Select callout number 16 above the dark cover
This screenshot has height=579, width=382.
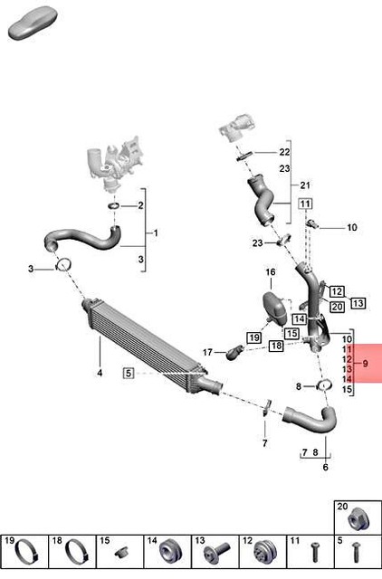(270, 272)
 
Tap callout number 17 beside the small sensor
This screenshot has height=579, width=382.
(207, 352)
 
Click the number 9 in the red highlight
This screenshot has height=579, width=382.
(366, 363)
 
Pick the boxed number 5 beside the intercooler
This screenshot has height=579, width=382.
(129, 373)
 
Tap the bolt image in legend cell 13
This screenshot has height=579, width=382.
(217, 552)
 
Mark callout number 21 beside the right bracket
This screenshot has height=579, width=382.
(305, 184)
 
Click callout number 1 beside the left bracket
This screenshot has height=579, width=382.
(155, 233)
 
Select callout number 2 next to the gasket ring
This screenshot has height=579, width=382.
(140, 206)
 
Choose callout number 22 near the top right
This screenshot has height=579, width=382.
(284, 152)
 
